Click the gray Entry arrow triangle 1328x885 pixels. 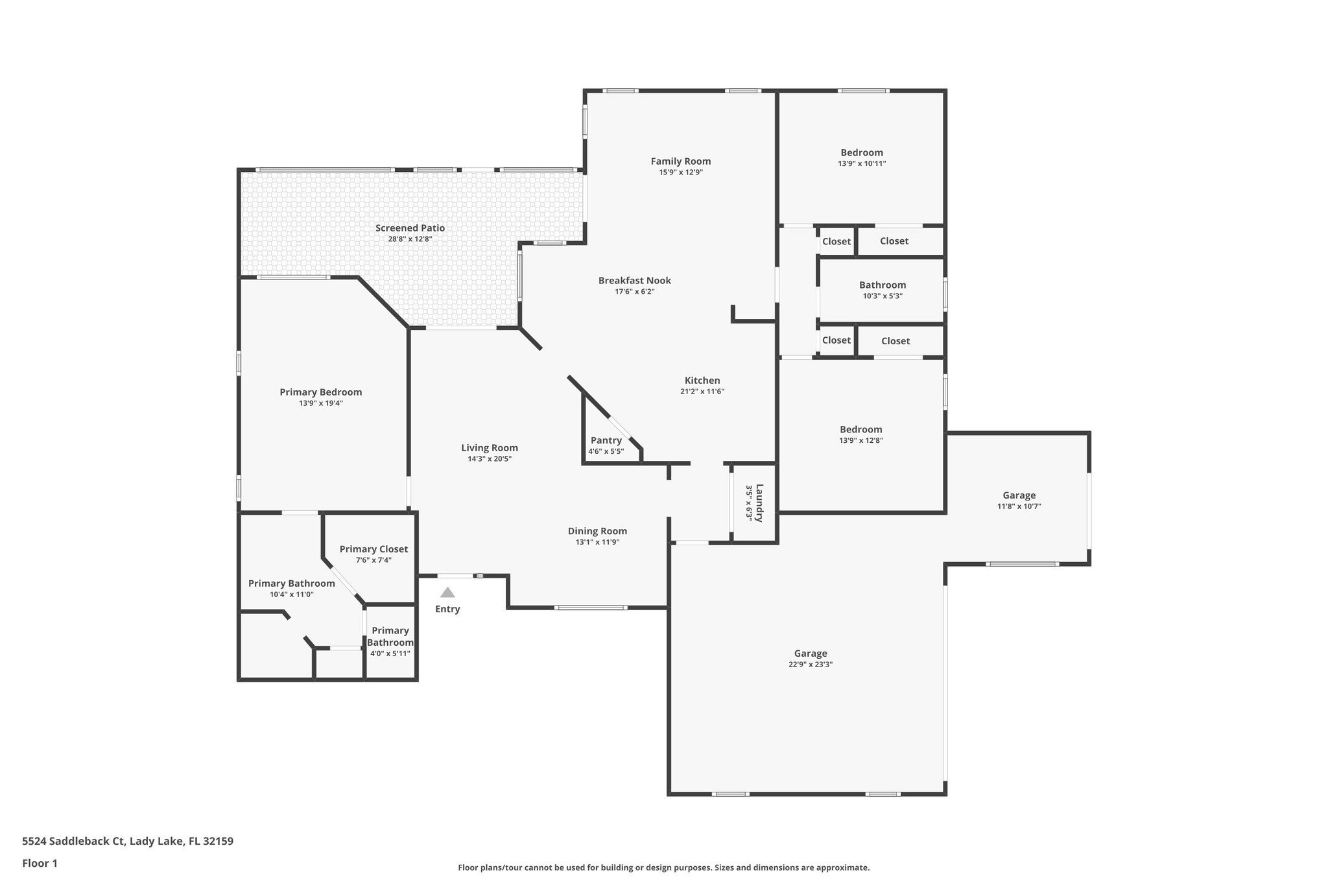447,593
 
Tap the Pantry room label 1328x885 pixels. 606,440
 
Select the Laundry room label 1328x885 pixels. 759,503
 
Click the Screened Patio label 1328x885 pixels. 410,228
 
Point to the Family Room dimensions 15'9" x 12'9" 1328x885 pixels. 681,172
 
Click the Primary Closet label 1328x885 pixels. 373,549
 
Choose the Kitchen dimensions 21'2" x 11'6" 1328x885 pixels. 702,392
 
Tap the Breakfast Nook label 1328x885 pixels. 634,281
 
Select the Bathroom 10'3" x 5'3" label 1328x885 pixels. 883,285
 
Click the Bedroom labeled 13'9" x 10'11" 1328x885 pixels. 862,153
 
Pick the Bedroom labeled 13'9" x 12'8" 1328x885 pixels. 860,429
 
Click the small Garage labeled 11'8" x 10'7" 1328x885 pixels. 1019,495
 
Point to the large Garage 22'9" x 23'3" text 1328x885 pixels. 811,665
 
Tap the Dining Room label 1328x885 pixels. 597,531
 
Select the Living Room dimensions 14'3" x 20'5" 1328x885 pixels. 490,459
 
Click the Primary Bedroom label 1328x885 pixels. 320,392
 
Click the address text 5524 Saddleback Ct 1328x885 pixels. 73,842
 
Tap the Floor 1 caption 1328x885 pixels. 40,863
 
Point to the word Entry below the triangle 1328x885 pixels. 447,609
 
